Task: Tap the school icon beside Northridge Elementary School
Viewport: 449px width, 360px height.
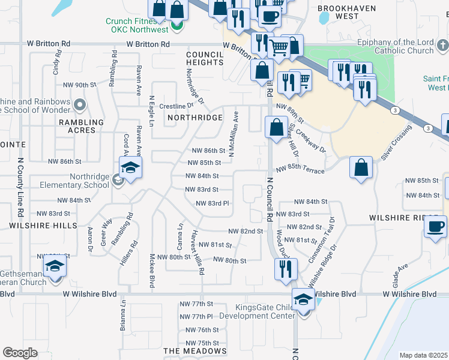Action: [x=130, y=168]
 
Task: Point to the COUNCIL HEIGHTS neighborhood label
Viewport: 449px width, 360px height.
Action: [x=205, y=58]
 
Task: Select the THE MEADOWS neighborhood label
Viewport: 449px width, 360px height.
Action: [x=195, y=351]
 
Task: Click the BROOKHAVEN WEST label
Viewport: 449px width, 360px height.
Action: [x=347, y=12]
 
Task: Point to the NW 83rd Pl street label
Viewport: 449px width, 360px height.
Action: [x=213, y=203]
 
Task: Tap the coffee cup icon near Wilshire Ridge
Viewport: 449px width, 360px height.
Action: [x=435, y=227]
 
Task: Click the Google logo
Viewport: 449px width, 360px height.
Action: [x=20, y=353]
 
